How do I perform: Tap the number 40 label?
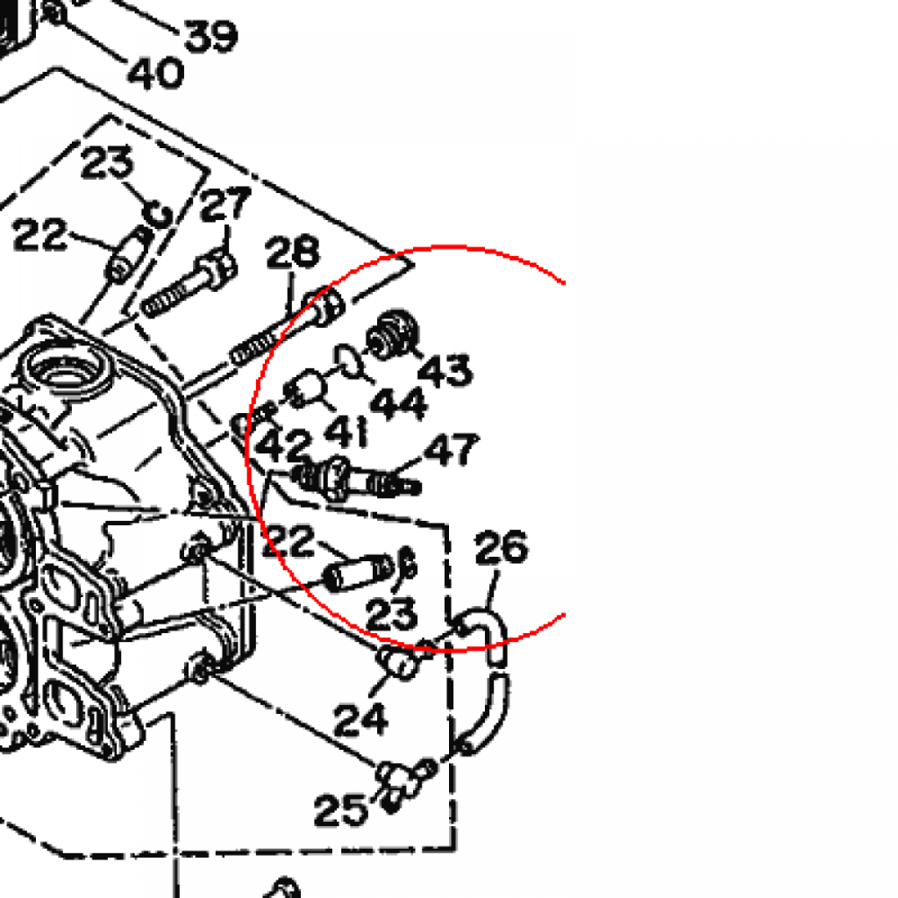(155, 72)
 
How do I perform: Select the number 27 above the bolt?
(225, 207)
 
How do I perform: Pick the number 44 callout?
(399, 403)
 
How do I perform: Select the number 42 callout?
(286, 446)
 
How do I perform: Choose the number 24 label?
(360, 719)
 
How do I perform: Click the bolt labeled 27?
(189, 284)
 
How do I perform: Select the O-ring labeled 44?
(349, 360)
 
